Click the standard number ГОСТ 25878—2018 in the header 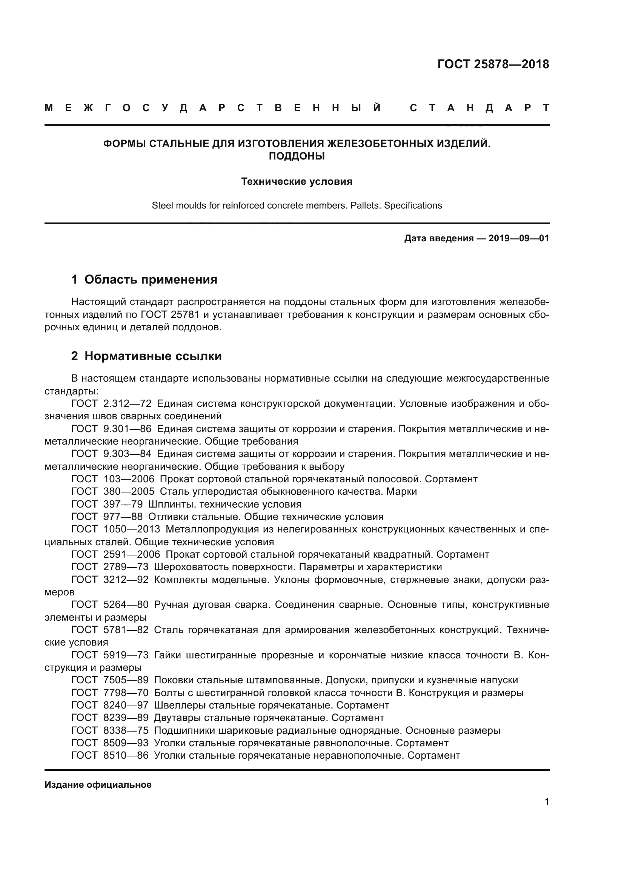[x=493, y=64]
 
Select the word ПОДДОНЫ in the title [x=297, y=156]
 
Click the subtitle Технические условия [x=297, y=181]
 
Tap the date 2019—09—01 [x=518, y=238]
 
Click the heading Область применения [x=151, y=279]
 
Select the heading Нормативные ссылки [x=153, y=356]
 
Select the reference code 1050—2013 [x=132, y=529]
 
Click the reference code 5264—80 [x=126, y=604]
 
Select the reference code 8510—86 [x=126, y=756]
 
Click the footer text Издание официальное [x=98, y=785]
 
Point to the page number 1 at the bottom [x=546, y=802]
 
